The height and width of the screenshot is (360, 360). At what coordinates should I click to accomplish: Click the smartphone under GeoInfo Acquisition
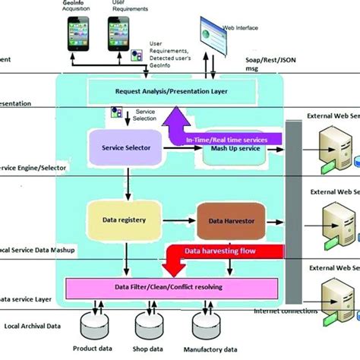81,36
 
